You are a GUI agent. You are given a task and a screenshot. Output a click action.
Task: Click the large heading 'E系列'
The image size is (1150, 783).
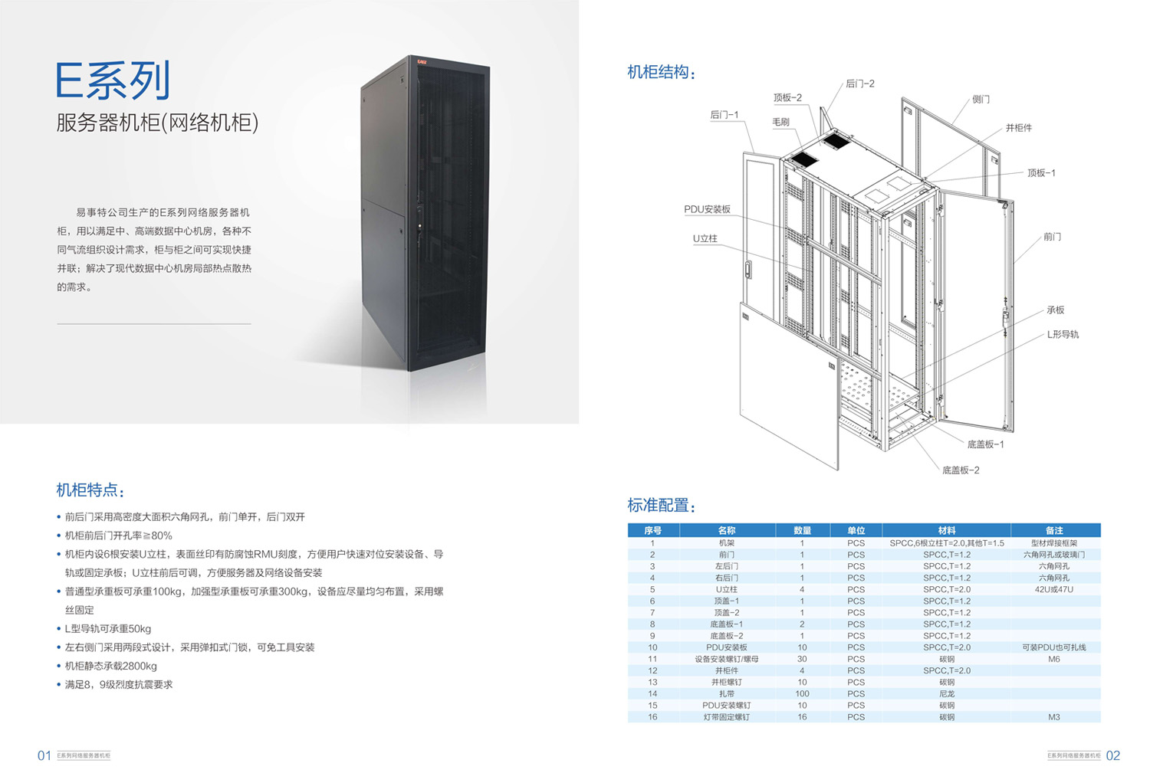113,80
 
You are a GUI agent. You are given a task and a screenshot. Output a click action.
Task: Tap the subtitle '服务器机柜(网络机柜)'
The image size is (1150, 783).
157,123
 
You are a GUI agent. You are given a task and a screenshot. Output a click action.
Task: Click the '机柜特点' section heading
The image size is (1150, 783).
90,490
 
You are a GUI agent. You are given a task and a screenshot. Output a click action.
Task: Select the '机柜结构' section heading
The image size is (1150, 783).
661,73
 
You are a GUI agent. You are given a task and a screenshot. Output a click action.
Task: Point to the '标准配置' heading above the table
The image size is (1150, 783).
661,506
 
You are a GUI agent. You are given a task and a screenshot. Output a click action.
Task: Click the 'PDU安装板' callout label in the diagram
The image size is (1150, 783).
707,209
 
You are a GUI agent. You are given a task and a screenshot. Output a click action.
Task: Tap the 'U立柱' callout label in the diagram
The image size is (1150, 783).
705,238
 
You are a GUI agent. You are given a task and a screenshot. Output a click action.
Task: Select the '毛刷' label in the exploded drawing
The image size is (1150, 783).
780,122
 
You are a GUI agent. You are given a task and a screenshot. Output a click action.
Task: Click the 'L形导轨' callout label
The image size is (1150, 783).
1063,335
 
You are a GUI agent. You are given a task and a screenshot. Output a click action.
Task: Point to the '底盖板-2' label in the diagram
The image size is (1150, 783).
961,470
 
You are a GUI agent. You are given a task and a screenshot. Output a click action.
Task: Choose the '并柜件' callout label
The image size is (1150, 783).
1018,128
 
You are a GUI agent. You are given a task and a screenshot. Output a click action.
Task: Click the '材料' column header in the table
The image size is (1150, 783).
947,530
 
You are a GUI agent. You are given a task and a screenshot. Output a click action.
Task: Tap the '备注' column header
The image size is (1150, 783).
1054,530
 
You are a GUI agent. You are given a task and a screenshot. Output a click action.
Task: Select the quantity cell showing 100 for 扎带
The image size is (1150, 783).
802,694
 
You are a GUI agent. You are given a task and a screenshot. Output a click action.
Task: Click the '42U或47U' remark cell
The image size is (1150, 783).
1054,590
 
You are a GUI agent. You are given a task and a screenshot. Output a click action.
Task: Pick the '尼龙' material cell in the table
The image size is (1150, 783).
947,694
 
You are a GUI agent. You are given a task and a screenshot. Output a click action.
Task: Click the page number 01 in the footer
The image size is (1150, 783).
44,756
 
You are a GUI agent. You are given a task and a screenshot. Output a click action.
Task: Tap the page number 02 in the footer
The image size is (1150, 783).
1113,756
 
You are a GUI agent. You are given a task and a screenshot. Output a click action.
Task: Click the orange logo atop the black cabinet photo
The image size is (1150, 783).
422,61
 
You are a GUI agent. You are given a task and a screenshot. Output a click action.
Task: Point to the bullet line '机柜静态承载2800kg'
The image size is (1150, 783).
111,667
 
